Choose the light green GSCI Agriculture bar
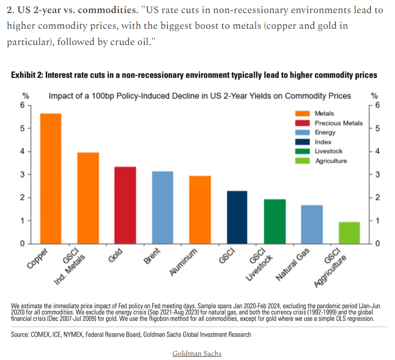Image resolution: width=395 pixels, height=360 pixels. click(349, 233)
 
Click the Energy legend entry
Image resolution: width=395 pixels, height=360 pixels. click(325, 132)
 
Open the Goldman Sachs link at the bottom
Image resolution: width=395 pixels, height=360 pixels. click(197, 353)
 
